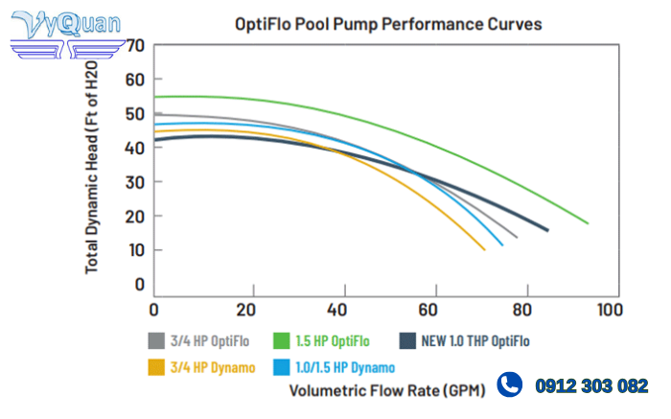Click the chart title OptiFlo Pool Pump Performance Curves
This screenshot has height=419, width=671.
[388, 24]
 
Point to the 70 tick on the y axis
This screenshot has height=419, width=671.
[135, 45]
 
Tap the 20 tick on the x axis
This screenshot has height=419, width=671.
[245, 310]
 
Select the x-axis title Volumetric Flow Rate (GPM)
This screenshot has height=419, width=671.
[387, 390]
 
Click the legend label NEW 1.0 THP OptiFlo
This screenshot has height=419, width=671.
[474, 341]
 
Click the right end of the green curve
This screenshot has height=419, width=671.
[588, 223]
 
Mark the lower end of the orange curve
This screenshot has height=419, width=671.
[485, 249]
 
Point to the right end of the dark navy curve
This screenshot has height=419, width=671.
[547, 230]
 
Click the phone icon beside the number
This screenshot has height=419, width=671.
[510, 385]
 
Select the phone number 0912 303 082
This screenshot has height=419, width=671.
[590, 386]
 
